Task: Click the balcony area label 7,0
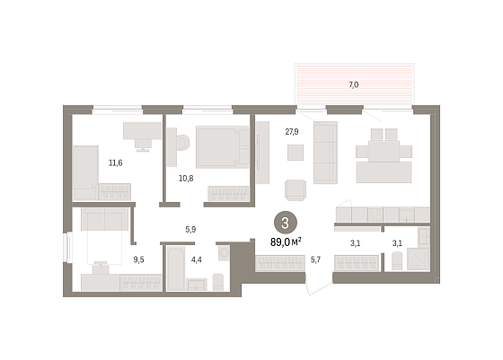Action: click(x=354, y=85)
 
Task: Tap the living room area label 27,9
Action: click(x=292, y=132)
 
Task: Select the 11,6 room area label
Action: click(x=116, y=162)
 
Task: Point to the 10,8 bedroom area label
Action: click(x=186, y=179)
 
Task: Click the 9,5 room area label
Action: click(x=138, y=259)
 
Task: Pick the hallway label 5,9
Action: click(x=190, y=230)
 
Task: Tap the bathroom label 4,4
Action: click(x=197, y=259)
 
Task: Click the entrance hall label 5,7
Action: click(x=315, y=260)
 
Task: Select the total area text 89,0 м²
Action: click(x=286, y=242)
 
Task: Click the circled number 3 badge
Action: click(x=286, y=223)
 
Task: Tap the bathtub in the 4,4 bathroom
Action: click(x=176, y=268)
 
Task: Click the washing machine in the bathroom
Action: click(x=225, y=253)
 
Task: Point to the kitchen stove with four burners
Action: click(x=375, y=215)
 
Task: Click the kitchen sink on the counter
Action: click(x=407, y=215)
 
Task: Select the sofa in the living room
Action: click(x=325, y=153)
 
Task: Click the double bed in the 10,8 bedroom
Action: click(x=223, y=147)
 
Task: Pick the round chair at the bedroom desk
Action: click(x=183, y=143)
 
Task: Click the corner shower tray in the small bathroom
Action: click(x=419, y=259)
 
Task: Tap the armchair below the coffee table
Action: click(x=296, y=189)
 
